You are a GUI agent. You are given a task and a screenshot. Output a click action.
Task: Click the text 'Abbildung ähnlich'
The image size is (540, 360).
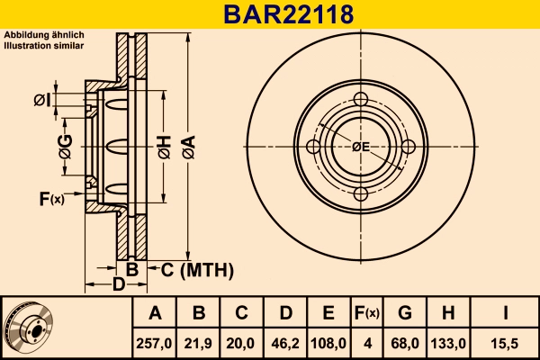tap(44, 35)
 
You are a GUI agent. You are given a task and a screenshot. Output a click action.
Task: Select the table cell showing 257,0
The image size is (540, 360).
tap(155, 343)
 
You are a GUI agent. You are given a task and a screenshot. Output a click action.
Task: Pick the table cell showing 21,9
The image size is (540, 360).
tap(199, 343)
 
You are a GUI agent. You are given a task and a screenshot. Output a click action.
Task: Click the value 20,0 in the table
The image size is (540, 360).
tap(242, 343)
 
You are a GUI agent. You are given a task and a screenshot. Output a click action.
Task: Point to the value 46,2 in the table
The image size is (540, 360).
tap(285, 343)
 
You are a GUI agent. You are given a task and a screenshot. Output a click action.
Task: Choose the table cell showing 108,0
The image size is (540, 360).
tap(328, 343)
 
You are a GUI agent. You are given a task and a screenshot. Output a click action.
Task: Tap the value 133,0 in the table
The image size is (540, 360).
tap(447, 343)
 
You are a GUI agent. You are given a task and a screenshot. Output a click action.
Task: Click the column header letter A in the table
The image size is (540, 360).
tap(155, 313)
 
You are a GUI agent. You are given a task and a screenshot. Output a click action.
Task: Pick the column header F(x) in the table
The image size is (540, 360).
tap(366, 313)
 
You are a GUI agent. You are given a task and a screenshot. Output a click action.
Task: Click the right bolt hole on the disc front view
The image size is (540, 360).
tap(408, 147)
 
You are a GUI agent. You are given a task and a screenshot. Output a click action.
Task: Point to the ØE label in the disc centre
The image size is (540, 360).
tap(361, 147)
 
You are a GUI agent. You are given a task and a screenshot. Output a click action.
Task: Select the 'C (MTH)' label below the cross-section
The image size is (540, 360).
tap(197, 269)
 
